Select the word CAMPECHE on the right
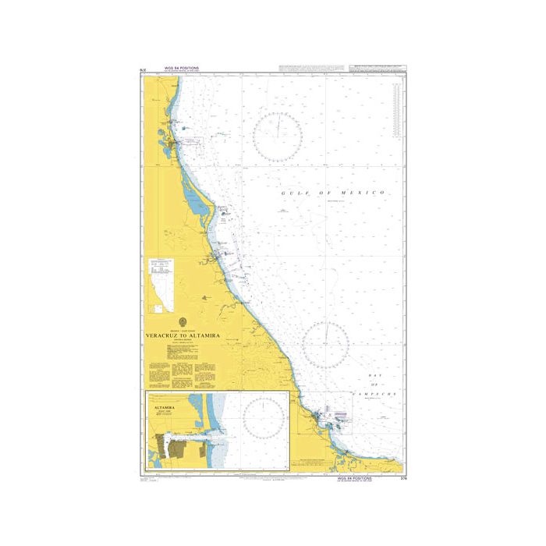379,396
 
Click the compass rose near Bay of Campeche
325,345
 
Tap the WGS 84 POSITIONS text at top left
182,69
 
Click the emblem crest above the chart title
183,321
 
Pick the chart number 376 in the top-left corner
142,71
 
